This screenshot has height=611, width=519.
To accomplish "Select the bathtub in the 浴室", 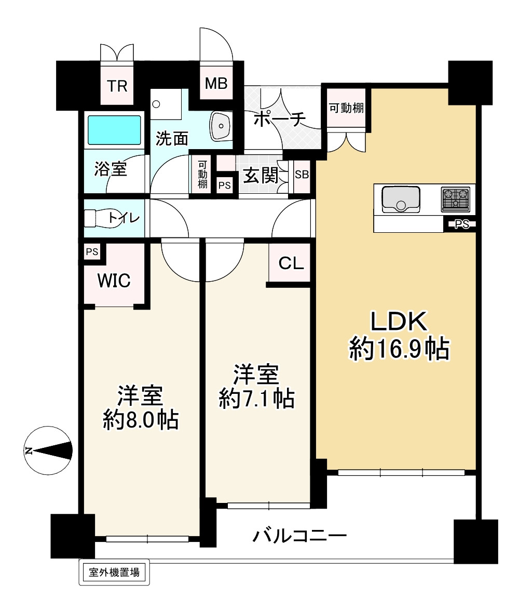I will [x=114, y=130].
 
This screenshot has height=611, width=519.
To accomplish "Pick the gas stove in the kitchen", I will [x=455, y=200].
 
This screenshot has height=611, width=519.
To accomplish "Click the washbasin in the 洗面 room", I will [x=222, y=126].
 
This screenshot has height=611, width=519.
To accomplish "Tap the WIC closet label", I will [x=114, y=281].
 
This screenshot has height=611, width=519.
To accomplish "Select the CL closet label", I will [x=291, y=264].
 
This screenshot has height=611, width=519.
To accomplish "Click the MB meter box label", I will [x=216, y=83].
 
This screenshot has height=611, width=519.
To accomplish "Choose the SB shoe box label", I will [x=302, y=175].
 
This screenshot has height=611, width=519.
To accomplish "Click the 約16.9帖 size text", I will [x=399, y=349].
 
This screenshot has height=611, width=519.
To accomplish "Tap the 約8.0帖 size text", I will [x=141, y=419].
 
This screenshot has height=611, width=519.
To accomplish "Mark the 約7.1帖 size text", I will [x=256, y=399].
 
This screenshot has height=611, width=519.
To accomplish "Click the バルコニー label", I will [x=299, y=535].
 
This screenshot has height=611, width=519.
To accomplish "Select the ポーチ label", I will [x=279, y=119].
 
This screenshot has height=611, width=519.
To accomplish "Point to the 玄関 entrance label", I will [x=260, y=176].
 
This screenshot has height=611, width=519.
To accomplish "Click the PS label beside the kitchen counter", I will [x=461, y=224].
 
